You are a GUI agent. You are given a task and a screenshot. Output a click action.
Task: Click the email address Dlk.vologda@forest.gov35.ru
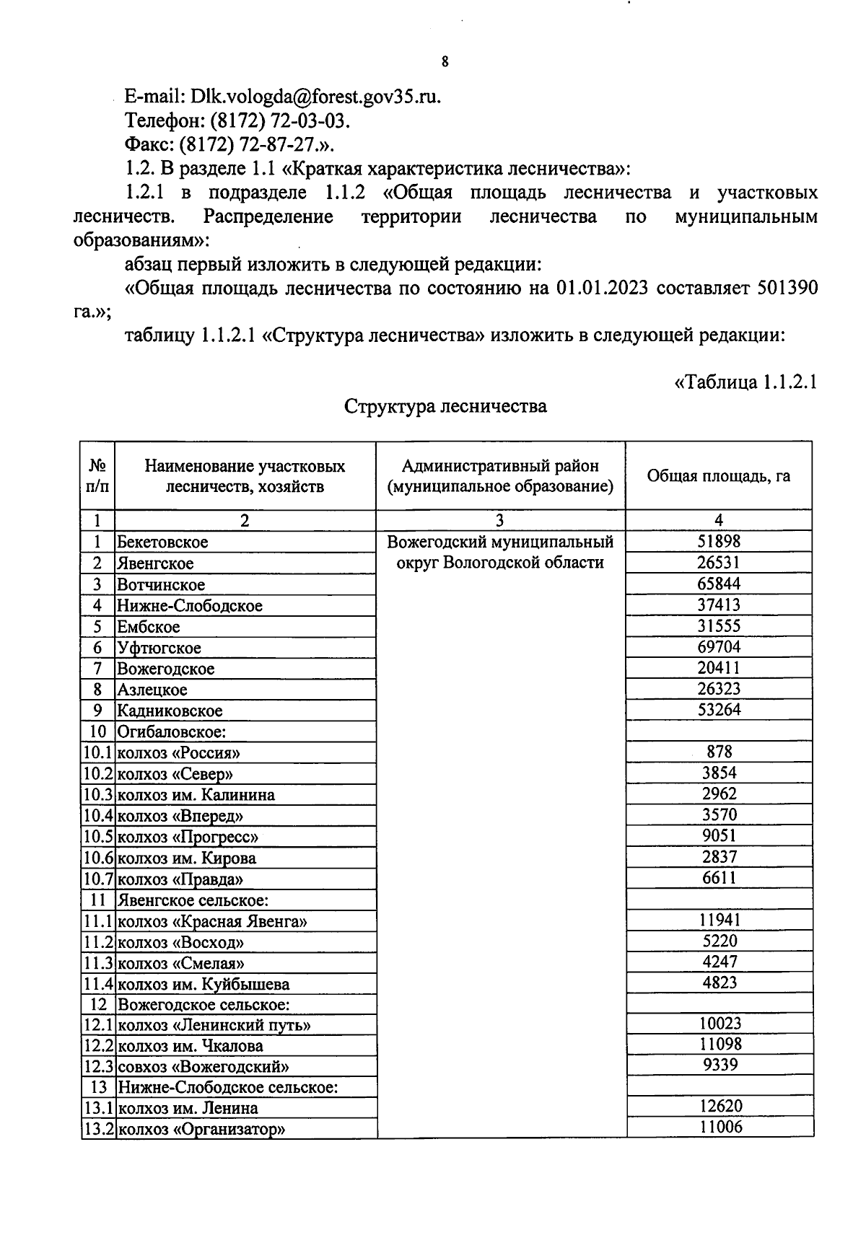pyautogui.click(x=315, y=97)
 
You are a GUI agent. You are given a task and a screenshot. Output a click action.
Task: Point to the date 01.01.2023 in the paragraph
pyautogui.click(x=602, y=288)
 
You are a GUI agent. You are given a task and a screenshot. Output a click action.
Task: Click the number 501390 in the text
pyautogui.click(x=787, y=288)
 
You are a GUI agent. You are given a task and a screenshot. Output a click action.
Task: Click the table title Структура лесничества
pyautogui.click(x=445, y=406)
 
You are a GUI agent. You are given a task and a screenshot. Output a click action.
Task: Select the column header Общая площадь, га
pyautogui.click(x=718, y=476)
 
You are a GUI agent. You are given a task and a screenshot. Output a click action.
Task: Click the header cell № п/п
pyautogui.click(x=98, y=476)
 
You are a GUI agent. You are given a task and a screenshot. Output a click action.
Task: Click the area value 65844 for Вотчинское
pyautogui.click(x=719, y=584)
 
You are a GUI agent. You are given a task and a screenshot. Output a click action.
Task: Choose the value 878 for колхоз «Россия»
pyautogui.click(x=719, y=752)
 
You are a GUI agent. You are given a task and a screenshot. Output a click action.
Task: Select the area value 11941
pyautogui.click(x=720, y=920)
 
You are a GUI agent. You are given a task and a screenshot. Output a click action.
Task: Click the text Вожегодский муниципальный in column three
pyautogui.click(x=500, y=542)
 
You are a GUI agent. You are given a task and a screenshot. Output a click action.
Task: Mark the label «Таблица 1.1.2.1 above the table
pyautogui.click(x=745, y=382)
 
